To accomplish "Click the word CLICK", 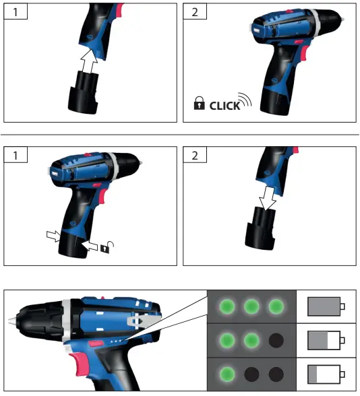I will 224,106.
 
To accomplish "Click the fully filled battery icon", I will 326,307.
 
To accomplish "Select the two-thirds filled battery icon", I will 326,341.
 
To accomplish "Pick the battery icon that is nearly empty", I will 326,374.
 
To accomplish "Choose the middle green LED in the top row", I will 251,307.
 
